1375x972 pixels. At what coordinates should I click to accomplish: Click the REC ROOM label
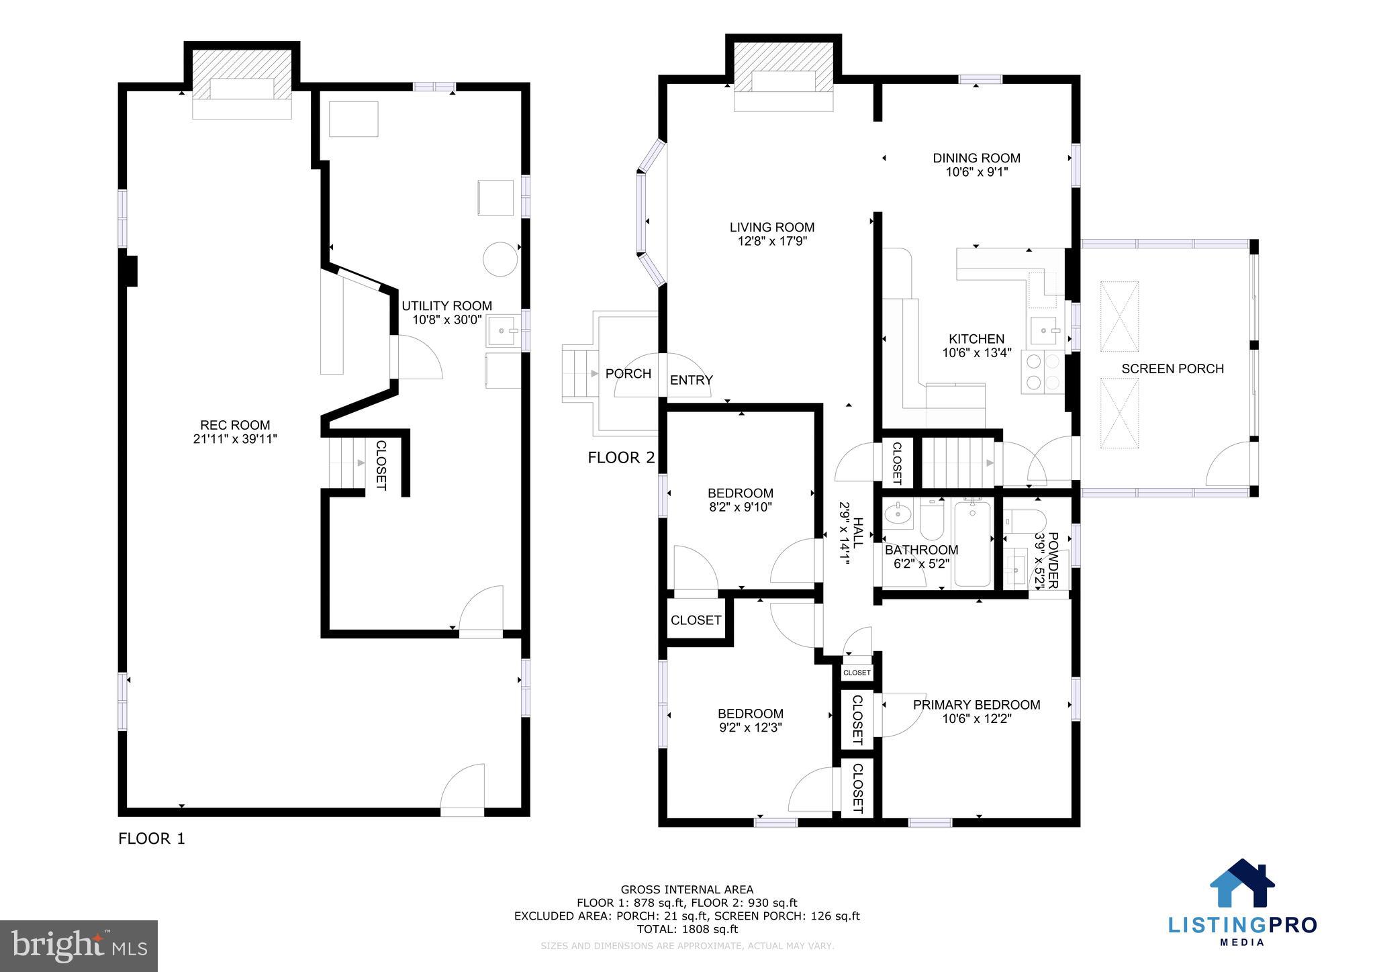[x=234, y=425]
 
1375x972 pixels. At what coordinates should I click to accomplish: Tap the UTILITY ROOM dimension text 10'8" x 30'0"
[x=446, y=320]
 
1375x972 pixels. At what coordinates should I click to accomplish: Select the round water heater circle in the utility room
[x=502, y=258]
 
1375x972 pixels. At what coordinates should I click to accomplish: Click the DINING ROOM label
[x=976, y=158]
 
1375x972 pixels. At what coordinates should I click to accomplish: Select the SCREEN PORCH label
[x=1172, y=369]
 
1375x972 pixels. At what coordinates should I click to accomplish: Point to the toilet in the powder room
[x=1025, y=520]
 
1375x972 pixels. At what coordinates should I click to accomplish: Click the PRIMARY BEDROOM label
[x=976, y=705]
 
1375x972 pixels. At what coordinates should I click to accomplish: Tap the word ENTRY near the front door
[x=691, y=381]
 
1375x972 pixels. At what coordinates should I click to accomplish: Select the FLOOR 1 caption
[x=151, y=838]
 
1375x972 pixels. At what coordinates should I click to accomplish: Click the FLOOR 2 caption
[x=620, y=458]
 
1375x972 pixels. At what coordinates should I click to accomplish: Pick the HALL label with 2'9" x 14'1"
[x=850, y=534]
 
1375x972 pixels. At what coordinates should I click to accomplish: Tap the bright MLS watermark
[x=79, y=946]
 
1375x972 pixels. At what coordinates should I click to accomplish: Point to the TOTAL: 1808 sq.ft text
[x=687, y=929]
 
